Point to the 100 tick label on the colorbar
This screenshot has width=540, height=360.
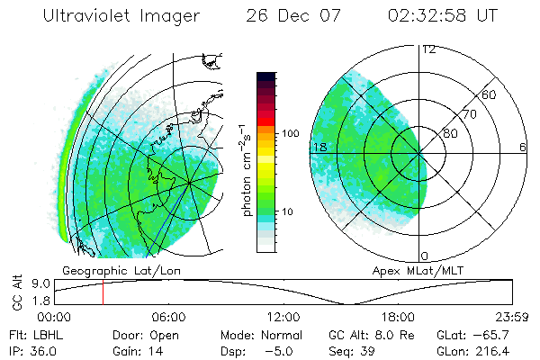[291, 133]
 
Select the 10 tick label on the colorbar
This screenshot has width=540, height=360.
[288, 212]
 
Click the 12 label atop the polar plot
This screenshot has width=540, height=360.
[429, 49]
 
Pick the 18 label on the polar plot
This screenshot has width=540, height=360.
[319, 147]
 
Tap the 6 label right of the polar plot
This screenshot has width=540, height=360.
[523, 147]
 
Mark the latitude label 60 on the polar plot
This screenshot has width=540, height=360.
[490, 94]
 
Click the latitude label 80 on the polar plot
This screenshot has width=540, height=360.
[450, 133]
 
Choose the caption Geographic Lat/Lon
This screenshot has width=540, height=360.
[109, 270]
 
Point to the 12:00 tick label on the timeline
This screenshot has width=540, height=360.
[283, 317]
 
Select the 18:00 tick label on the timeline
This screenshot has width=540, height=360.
[398, 317]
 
